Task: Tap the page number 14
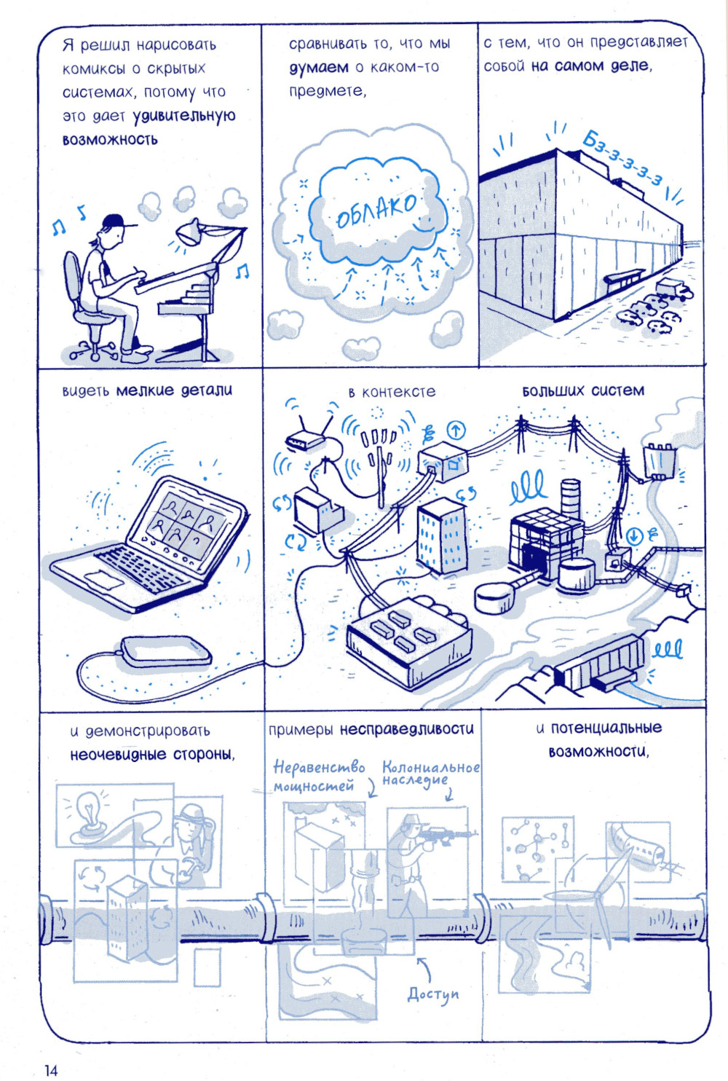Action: tap(51, 1070)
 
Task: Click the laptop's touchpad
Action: tap(103, 578)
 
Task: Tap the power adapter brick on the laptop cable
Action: tap(166, 650)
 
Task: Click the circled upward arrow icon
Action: tap(456, 430)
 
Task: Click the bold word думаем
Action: tap(319, 67)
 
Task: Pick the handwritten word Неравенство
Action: tap(319, 767)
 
